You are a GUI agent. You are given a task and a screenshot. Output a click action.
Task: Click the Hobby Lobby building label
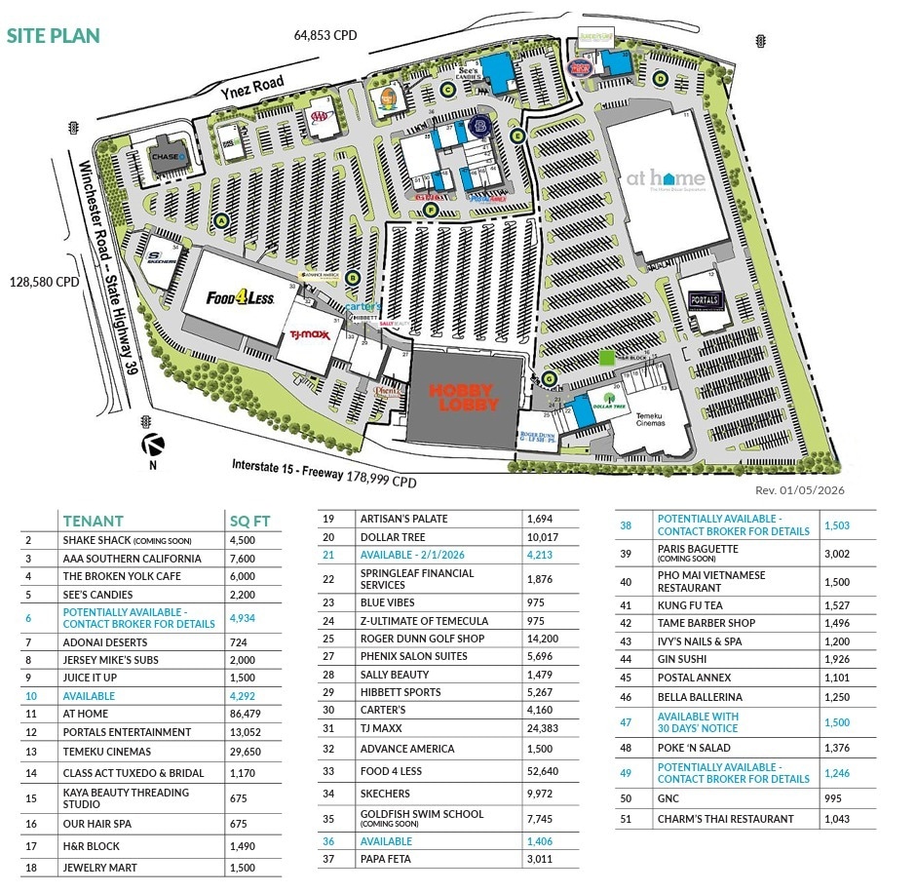click(x=464, y=397)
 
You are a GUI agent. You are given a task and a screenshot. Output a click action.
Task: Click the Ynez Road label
click(x=251, y=88)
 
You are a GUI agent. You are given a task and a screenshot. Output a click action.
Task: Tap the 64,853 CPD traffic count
click(x=325, y=35)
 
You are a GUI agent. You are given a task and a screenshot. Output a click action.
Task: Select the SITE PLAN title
click(x=54, y=36)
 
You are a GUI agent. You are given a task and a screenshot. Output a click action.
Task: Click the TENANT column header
click(x=93, y=520)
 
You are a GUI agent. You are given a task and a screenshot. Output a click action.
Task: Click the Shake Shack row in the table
click(x=127, y=540)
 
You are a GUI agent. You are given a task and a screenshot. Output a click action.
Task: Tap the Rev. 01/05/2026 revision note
click(x=798, y=491)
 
